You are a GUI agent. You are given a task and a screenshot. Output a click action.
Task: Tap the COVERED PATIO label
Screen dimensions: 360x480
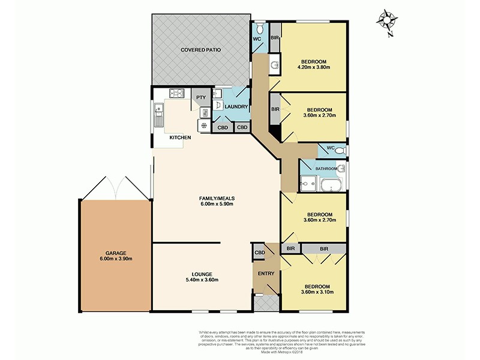[x=200, y=50]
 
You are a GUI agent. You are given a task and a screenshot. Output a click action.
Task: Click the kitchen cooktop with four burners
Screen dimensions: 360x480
[x=177, y=93]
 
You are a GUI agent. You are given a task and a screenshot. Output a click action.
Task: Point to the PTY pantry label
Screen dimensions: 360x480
[x=200, y=97]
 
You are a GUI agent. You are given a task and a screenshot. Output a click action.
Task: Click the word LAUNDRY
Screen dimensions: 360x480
[x=237, y=107]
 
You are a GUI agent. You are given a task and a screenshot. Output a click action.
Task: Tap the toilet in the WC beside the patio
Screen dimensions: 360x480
[x=259, y=28]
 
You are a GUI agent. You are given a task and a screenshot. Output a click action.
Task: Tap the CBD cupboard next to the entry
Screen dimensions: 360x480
[x=259, y=253]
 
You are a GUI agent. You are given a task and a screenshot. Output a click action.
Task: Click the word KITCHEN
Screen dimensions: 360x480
[x=180, y=138]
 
